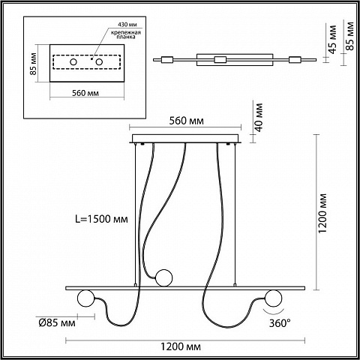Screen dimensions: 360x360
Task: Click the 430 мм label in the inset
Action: point(127,25)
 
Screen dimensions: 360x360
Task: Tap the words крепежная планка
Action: point(126,34)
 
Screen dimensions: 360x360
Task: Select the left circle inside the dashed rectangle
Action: point(73,61)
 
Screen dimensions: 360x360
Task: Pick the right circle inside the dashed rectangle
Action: point(99,61)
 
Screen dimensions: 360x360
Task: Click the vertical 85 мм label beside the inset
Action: point(33,64)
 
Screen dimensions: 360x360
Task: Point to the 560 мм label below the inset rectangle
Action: point(85,93)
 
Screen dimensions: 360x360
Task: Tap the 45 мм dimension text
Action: point(333,39)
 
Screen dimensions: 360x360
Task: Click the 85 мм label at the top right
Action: point(351,36)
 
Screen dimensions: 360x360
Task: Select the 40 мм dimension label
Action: point(259,117)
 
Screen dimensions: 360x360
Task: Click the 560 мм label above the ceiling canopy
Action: point(187,121)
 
